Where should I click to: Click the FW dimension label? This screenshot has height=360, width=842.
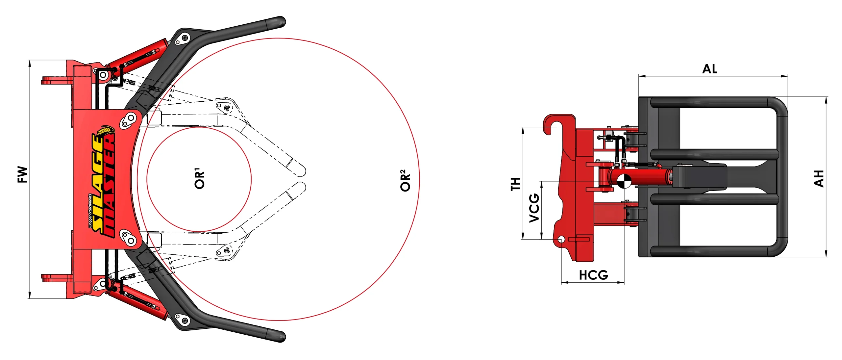[22, 174]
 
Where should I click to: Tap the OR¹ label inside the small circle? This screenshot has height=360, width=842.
[199, 179]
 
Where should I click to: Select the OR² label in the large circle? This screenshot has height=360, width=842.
[405, 180]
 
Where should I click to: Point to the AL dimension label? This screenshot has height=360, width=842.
[710, 69]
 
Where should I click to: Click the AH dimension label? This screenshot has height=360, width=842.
[819, 178]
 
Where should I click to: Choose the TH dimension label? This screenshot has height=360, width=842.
[515, 184]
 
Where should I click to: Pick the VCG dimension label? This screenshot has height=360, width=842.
[534, 208]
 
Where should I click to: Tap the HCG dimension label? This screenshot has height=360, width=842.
[593, 275]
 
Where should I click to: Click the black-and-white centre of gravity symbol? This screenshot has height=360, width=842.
[623, 181]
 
